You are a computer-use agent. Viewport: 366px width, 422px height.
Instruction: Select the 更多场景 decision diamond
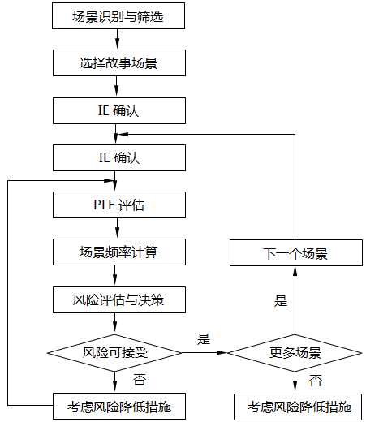(295, 353)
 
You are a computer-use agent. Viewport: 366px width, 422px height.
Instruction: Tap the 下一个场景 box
(295, 253)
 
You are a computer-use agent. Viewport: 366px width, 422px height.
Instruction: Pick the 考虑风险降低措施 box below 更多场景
(295, 404)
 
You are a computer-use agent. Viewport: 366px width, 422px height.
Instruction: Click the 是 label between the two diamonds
(204, 339)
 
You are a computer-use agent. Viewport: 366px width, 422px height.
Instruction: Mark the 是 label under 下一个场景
(281, 301)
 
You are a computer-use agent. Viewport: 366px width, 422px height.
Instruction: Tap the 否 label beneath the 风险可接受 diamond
(140, 378)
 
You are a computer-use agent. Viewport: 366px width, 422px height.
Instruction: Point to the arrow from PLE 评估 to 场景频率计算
(117, 228)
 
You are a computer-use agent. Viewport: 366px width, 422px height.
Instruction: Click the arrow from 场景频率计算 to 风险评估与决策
(117, 276)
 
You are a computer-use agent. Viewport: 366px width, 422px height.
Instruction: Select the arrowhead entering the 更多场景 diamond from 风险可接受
(222, 353)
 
